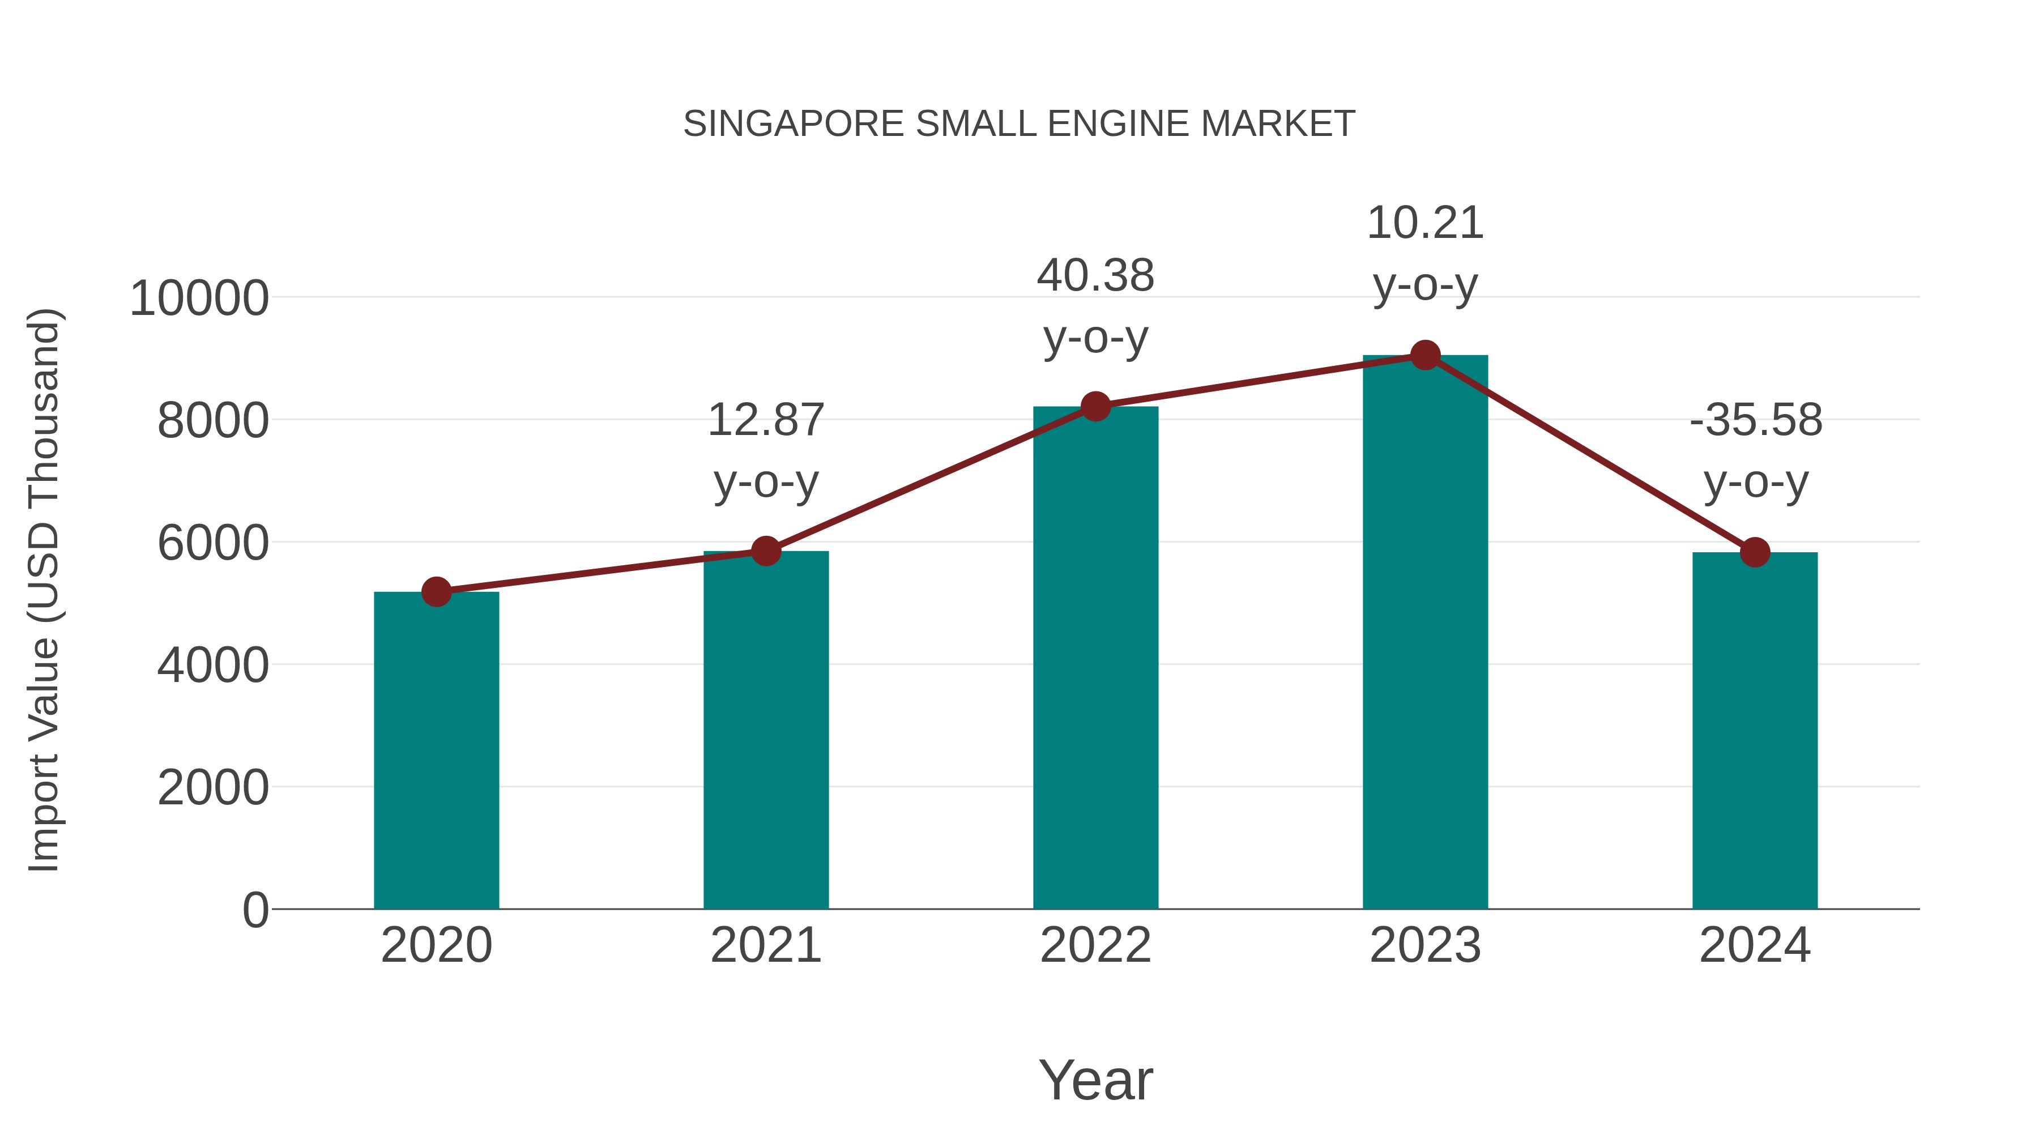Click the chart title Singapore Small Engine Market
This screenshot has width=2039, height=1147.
pos(1019,124)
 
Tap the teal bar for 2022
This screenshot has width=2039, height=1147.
pos(1095,657)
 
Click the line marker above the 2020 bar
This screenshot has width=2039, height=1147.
pos(436,591)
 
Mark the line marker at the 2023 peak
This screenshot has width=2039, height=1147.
pos(1425,355)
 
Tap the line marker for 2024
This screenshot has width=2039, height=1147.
pos(1755,552)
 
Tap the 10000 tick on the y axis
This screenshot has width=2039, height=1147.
pos(199,299)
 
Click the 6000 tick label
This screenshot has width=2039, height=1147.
pos(213,543)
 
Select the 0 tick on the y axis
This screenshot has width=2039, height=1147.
pos(255,910)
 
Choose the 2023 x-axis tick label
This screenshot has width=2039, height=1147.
pos(1425,945)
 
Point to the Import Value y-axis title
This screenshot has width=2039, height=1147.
pos(44,590)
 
